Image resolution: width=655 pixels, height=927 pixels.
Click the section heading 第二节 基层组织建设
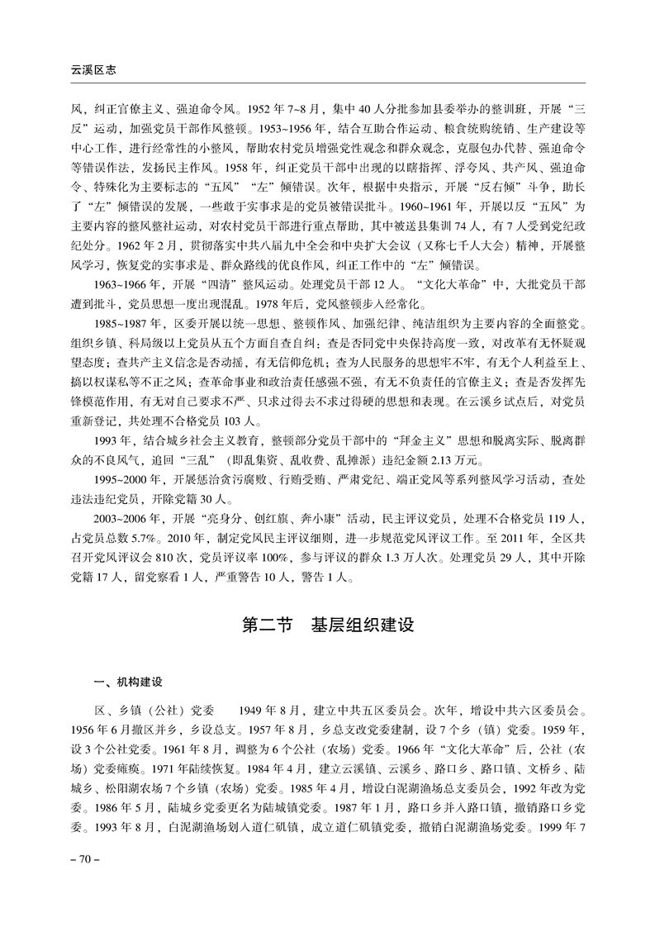327,625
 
